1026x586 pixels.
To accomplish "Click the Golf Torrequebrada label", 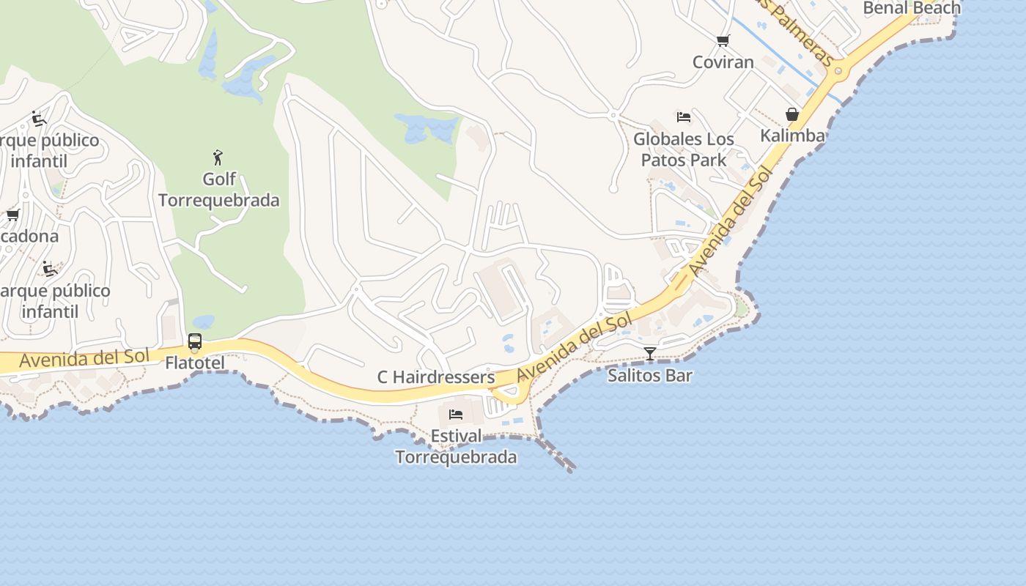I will [218, 190].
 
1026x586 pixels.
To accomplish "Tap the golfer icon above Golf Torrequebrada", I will [218, 157].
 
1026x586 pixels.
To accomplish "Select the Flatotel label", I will [194, 363].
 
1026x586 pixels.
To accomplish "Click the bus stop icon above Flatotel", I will [195, 341].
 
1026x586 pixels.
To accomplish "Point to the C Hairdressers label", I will [436, 377].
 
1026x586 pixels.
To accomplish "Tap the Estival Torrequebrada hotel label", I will [456, 447].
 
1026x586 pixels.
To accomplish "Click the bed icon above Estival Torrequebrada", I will [456, 415].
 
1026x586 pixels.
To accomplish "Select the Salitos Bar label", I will [650, 376].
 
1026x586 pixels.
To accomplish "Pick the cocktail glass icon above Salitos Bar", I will [650, 355].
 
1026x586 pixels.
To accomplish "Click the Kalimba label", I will [792, 136].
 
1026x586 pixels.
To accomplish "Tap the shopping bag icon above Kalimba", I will [792, 114].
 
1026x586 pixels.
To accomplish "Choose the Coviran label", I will [723, 62].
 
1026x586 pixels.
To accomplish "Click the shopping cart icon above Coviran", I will [723, 41].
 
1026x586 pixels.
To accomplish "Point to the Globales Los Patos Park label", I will [684, 149].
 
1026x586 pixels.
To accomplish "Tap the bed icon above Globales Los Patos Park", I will [684, 117].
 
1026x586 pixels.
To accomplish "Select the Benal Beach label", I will [912, 8].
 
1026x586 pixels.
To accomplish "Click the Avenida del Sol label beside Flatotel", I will [84, 359].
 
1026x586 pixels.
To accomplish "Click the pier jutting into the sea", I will [558, 456].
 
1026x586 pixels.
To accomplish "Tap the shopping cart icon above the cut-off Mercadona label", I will [12, 215].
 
